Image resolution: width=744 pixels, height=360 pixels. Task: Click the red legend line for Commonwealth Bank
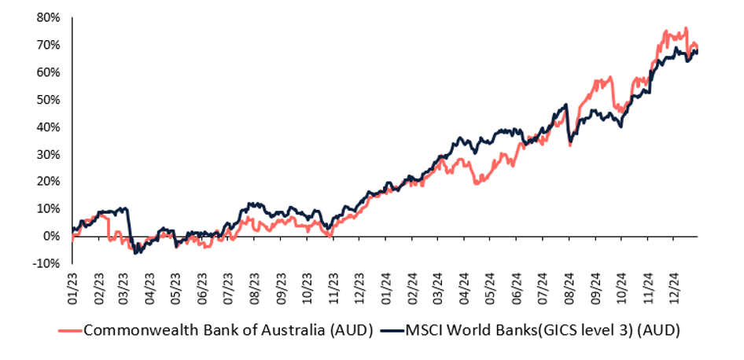pos(71,330)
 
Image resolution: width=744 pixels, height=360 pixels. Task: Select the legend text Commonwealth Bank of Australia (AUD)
pos(227,330)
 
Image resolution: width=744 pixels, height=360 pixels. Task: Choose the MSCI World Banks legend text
pos(542,330)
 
